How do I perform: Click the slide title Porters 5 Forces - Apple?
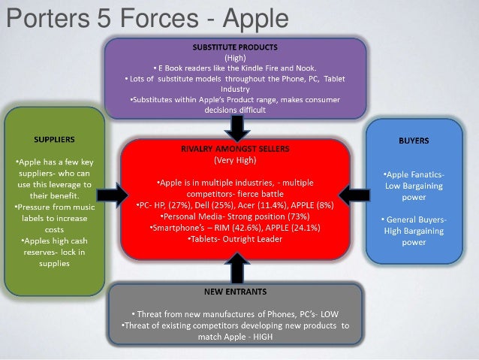tap(143, 17)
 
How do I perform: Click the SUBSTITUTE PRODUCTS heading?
tap(235, 47)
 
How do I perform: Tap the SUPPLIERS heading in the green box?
tap(53, 139)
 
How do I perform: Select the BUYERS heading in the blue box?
tap(414, 139)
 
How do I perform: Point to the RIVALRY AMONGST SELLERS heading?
tap(235, 149)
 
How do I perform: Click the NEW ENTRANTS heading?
tap(235, 289)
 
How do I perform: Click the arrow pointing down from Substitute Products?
tap(236, 128)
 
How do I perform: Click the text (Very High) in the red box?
tap(235, 159)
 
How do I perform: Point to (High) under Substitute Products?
tap(235, 56)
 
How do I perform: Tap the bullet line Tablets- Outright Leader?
tap(235, 238)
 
